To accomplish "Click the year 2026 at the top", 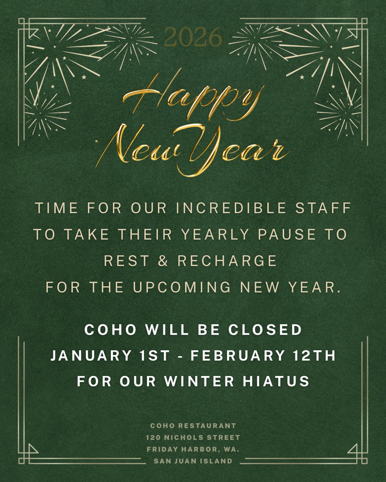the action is coord(193,37).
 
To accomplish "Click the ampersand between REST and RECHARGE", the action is coord(163,261).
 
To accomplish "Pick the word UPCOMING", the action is coord(182,287).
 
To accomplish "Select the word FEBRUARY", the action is coord(238,356).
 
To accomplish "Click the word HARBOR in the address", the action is coord(201,449).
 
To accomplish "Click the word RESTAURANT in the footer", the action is coord(207,425).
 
